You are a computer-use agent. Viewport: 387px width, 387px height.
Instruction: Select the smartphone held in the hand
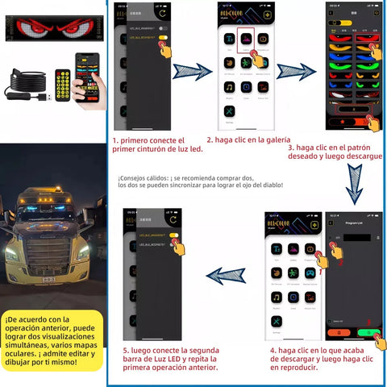(x=88, y=76)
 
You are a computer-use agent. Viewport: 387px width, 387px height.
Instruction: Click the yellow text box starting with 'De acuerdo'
(x=52, y=339)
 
